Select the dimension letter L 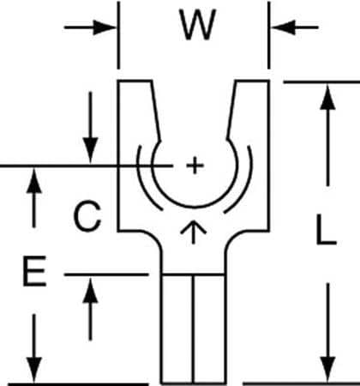point(322,232)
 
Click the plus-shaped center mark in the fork point(195,164)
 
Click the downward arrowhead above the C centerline point(90,150)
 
